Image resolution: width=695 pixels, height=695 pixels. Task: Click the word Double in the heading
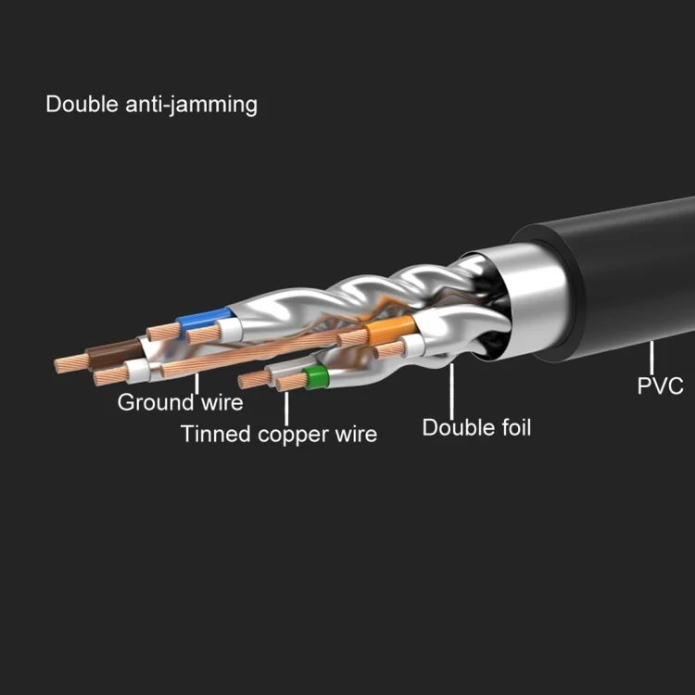82,105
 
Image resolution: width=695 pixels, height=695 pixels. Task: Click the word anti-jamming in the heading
191,106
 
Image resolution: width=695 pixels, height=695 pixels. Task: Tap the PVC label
660,385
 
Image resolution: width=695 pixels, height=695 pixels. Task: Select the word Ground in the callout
156,402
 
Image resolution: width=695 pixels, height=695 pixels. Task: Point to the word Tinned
216,434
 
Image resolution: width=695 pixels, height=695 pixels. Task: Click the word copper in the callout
293,435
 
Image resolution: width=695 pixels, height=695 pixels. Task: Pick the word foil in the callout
516,427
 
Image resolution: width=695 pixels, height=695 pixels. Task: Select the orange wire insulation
390,329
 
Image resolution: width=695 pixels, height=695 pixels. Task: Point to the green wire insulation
316,377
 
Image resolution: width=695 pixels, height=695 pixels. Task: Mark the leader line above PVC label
651,358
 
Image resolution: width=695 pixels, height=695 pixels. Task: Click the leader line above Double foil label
451,391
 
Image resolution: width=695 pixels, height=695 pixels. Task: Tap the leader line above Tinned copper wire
286,409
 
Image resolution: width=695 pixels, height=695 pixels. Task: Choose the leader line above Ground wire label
196,384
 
